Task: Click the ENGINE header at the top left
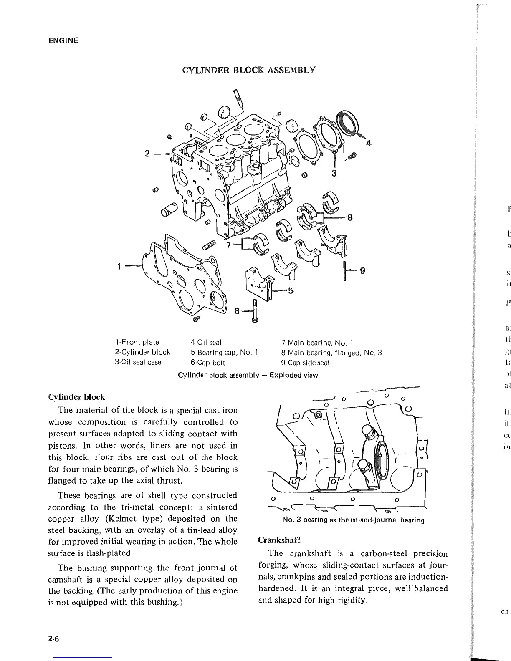coord(63,40)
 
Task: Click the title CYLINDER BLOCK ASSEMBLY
coord(249,70)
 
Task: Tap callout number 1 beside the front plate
coord(120,265)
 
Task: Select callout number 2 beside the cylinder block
coord(147,153)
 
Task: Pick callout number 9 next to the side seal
coord(362,270)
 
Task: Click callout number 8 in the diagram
coord(350,217)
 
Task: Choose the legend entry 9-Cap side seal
coord(305,363)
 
